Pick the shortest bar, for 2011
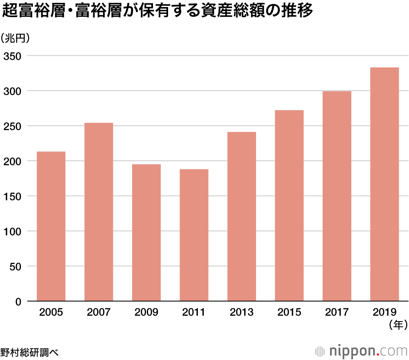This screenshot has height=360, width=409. pyautogui.click(x=194, y=235)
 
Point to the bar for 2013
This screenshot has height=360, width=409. pyautogui.click(x=241, y=216)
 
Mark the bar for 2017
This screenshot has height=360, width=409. pyautogui.click(x=337, y=196)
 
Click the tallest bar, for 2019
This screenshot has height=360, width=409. pyautogui.click(x=384, y=184)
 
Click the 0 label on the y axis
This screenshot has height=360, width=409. pyautogui.click(x=18, y=301)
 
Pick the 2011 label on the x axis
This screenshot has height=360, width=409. pyautogui.click(x=194, y=313)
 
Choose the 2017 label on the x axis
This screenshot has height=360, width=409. pyautogui.click(x=337, y=313)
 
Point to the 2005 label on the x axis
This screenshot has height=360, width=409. pyautogui.click(x=51, y=313)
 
